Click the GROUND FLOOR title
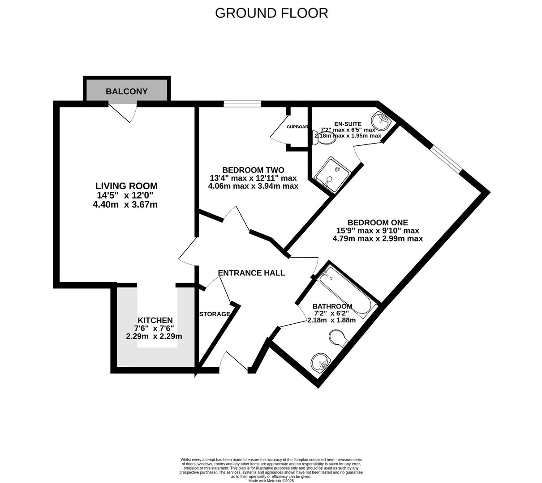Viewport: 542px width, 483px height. pos(271,13)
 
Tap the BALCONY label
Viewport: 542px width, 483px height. pos(126,91)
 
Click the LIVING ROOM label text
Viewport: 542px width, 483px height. pos(126,186)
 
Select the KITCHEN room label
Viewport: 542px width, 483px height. pos(155,320)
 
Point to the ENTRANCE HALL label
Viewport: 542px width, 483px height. pos(251,273)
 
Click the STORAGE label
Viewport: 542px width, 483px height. pos(215,314)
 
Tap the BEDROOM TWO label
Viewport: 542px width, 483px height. pos(253,170)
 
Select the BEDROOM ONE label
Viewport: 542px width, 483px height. pos(378,222)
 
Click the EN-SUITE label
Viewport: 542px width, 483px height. pos(348,124)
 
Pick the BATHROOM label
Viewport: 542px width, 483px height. pos(332,306)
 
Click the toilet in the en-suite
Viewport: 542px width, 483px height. pos(324,138)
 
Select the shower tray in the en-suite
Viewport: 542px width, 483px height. pos(332,174)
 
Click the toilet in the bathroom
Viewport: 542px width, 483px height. pos(339,338)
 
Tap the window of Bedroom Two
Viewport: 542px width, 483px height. pos(242,104)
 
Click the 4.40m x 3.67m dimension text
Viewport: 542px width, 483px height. pos(125,205)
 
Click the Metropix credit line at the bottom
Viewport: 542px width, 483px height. pos(271,481)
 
